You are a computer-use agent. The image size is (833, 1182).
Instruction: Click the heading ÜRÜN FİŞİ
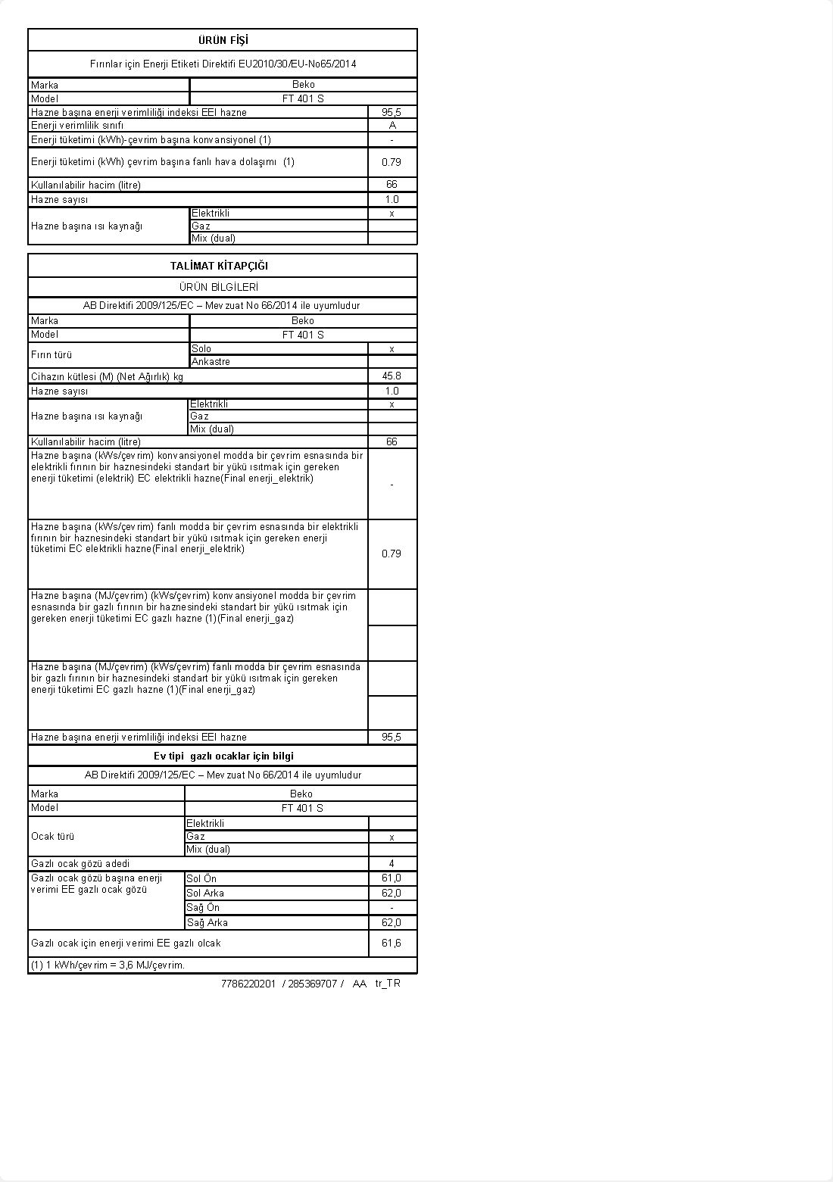223,40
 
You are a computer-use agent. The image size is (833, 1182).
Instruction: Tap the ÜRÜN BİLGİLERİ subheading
219,287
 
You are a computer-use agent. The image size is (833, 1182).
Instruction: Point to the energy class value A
392,125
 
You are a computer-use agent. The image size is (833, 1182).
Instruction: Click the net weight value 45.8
392,376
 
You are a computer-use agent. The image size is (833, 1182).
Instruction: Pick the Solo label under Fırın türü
201,348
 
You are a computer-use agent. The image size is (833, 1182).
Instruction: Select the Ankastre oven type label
211,361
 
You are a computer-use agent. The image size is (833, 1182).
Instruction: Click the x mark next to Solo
392,348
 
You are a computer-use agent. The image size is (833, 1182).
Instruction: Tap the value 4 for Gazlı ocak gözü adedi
392,863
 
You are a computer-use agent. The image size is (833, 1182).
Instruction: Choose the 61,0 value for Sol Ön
392,878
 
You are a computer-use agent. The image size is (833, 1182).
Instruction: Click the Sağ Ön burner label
203,907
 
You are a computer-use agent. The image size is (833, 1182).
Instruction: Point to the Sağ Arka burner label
207,922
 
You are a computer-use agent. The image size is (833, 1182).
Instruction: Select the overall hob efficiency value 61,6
392,943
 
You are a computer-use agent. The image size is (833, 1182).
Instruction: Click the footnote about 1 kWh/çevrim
108,965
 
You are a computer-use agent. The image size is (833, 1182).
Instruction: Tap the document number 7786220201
248,984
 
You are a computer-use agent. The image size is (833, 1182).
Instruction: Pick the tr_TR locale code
388,984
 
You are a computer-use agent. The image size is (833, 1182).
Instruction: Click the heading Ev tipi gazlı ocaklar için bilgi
223,756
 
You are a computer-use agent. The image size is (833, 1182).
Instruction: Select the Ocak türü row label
52,836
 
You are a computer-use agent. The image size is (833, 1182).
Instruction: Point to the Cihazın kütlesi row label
107,376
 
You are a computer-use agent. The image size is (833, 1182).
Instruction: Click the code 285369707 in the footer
312,984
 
